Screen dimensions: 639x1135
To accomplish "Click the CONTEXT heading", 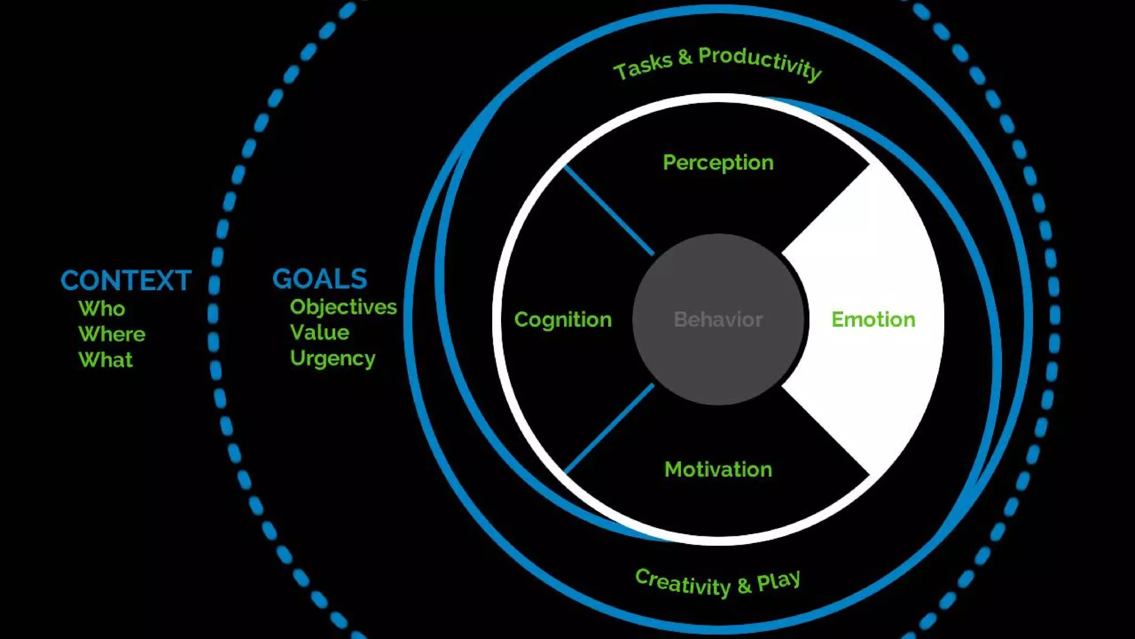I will point(126,281).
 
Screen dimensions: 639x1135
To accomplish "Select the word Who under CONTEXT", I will point(102,308).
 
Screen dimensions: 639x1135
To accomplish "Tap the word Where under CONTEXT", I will point(112,334).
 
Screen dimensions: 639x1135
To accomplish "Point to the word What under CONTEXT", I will point(106,360).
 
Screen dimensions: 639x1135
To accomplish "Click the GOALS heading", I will point(320,279).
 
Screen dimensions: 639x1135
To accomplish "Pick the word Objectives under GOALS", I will point(343,307).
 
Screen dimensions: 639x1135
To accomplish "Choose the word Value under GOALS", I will point(320,332).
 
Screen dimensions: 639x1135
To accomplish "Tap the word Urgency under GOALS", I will point(333,358).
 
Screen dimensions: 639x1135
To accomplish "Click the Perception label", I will point(718,163).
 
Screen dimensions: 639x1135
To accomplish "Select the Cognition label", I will point(563,319).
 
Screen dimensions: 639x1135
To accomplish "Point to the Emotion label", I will point(873,319).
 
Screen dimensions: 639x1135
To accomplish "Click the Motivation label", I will point(718,470).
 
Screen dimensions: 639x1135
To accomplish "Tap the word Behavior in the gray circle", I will point(718,319).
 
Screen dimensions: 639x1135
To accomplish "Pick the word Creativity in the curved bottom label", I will point(683,583).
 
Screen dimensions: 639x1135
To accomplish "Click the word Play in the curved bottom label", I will point(779,581).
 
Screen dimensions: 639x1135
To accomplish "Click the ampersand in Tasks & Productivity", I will point(685,57).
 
